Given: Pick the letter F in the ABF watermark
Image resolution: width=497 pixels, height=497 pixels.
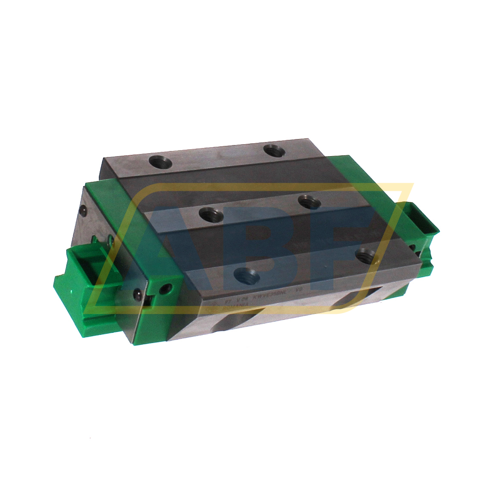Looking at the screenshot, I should pos(338,231).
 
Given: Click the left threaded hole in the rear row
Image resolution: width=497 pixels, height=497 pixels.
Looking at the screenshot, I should pos(160,162).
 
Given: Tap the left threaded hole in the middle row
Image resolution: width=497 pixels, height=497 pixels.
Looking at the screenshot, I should pos(212,214).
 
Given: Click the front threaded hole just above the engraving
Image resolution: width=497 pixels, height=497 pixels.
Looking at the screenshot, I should pos(248,278).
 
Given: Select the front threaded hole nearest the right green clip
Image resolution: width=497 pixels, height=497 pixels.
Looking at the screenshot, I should pos(367,255).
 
